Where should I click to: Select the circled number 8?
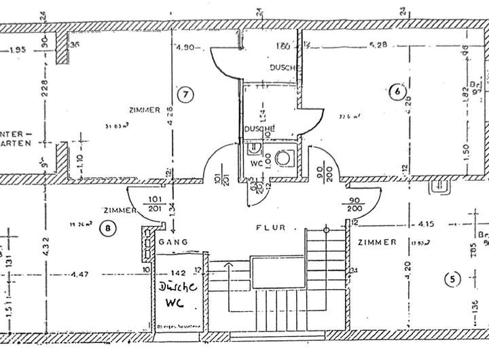[x=107, y=228]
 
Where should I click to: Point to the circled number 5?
[x=450, y=277]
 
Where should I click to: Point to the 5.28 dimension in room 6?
[x=377, y=46]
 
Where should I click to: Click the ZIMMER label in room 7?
[x=143, y=109]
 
